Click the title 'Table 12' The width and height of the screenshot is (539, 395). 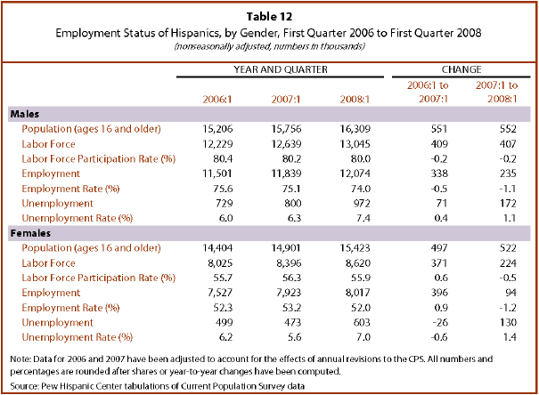click(x=269, y=17)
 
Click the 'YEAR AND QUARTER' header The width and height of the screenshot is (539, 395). click(x=281, y=69)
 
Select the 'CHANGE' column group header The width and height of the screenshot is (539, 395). click(x=461, y=69)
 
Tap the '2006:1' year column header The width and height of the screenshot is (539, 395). click(x=217, y=99)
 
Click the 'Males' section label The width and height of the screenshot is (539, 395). click(x=25, y=114)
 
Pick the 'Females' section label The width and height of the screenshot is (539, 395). click(x=30, y=233)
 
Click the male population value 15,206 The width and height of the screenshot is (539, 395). click(x=217, y=129)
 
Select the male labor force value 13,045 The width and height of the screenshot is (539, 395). click(x=355, y=144)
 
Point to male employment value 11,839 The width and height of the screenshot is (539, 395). click(x=286, y=173)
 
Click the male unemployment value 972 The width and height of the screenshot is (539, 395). click(x=361, y=203)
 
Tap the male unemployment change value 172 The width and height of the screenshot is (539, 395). click(x=508, y=203)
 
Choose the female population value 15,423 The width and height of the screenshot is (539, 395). click(x=355, y=248)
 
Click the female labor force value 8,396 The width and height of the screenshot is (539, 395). click(x=289, y=262)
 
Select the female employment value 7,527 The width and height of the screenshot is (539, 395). click(x=220, y=293)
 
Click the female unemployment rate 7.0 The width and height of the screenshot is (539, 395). click(x=363, y=337)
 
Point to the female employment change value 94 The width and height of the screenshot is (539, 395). click(x=510, y=293)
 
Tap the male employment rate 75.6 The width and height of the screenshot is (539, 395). click(x=223, y=189)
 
